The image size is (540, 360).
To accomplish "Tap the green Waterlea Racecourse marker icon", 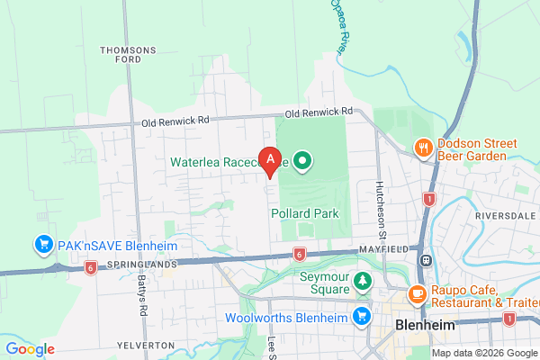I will (x=303, y=162).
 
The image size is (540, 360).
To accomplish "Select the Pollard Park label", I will (x=303, y=214).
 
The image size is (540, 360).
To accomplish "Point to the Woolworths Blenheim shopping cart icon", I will (x=361, y=316).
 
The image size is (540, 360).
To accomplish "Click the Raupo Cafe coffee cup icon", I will (x=417, y=293).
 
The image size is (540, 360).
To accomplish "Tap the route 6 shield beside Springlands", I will (x=90, y=267).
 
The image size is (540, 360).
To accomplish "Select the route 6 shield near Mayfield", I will (x=298, y=255).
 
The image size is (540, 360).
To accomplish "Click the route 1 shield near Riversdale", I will (x=429, y=199).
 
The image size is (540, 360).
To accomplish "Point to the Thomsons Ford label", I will (x=129, y=55).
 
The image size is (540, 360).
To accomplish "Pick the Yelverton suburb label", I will (x=144, y=346).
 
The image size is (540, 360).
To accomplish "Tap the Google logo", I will (x=30, y=349).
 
